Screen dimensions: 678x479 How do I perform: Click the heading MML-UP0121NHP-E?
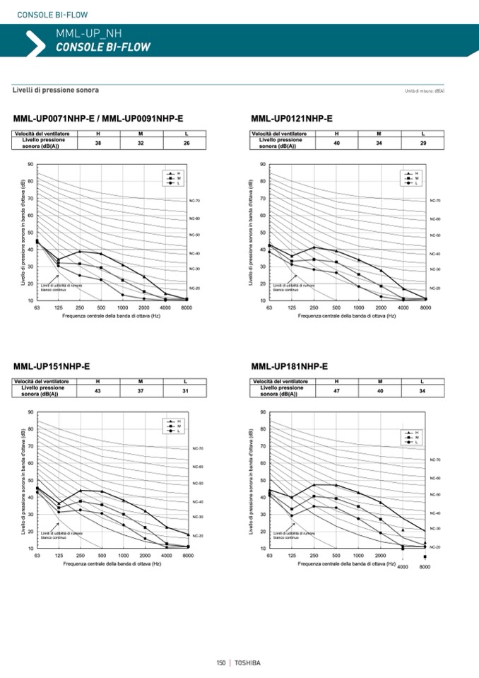(x=292, y=118)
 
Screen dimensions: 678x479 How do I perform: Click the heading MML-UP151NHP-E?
(x=52, y=366)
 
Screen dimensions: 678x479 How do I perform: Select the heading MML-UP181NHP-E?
(x=290, y=366)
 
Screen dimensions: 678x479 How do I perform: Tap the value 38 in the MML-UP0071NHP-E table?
(x=97, y=143)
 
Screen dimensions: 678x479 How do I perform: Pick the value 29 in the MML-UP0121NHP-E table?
(x=422, y=144)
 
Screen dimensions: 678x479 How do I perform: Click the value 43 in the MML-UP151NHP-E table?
(x=97, y=391)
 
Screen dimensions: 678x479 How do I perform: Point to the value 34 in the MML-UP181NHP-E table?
(x=422, y=390)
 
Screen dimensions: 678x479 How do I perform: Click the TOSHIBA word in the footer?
(x=247, y=662)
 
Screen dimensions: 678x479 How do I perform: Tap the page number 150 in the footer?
(x=220, y=662)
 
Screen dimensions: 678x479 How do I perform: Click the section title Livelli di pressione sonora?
(x=56, y=90)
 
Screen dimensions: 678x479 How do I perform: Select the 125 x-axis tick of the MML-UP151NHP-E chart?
(x=59, y=556)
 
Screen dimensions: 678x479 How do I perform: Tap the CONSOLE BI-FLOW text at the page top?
(x=42, y=14)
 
